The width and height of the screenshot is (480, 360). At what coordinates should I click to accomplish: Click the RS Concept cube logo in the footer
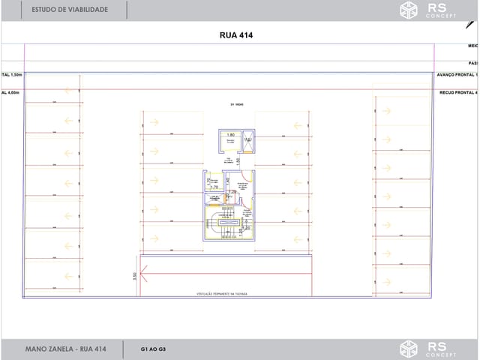409,349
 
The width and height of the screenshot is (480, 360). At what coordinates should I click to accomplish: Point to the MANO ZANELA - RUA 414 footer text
65,349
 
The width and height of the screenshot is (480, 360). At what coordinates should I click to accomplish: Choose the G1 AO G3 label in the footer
154,349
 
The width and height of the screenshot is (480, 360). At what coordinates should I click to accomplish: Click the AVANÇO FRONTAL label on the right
457,75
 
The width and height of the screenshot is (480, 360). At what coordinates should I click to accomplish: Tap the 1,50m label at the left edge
13,75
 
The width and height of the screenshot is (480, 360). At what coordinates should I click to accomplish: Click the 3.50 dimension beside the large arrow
134,276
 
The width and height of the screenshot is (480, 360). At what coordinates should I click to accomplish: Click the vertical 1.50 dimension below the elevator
238,160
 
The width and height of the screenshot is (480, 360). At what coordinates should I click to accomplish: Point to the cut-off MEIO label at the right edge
472,46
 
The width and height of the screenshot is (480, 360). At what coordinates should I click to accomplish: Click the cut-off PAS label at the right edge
473,63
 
